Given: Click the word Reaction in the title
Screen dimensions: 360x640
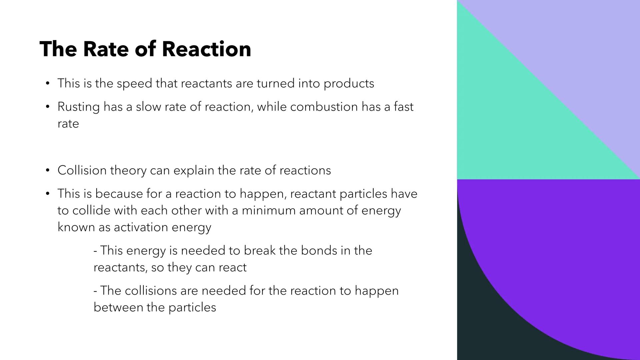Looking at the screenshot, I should [x=206, y=49].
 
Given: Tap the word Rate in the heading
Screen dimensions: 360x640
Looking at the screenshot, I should [x=106, y=49].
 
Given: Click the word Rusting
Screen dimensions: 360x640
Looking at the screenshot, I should [x=78, y=107].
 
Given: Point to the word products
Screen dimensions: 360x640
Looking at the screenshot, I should [x=349, y=84].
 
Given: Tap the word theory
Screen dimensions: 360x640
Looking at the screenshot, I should [x=128, y=171].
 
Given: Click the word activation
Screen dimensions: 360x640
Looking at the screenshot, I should [x=141, y=227].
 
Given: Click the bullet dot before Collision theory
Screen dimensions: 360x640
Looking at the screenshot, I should [x=48, y=171].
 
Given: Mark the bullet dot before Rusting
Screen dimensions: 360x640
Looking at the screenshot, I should [x=48, y=107].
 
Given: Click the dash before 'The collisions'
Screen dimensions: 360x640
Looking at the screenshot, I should [x=96, y=291].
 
